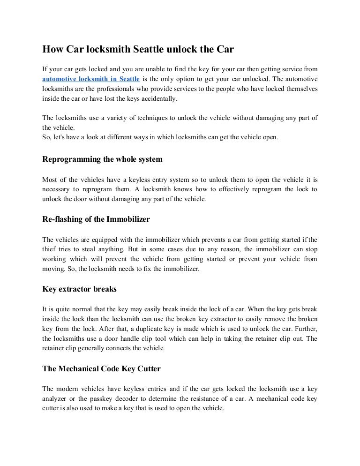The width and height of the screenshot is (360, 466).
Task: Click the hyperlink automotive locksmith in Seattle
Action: [91, 79]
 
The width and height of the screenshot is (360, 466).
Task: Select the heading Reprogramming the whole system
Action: [102, 159]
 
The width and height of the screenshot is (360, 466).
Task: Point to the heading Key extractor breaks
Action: [79, 289]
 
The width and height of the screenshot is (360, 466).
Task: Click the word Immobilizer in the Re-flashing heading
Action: [128, 219]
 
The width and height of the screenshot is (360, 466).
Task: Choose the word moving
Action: [52, 269]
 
